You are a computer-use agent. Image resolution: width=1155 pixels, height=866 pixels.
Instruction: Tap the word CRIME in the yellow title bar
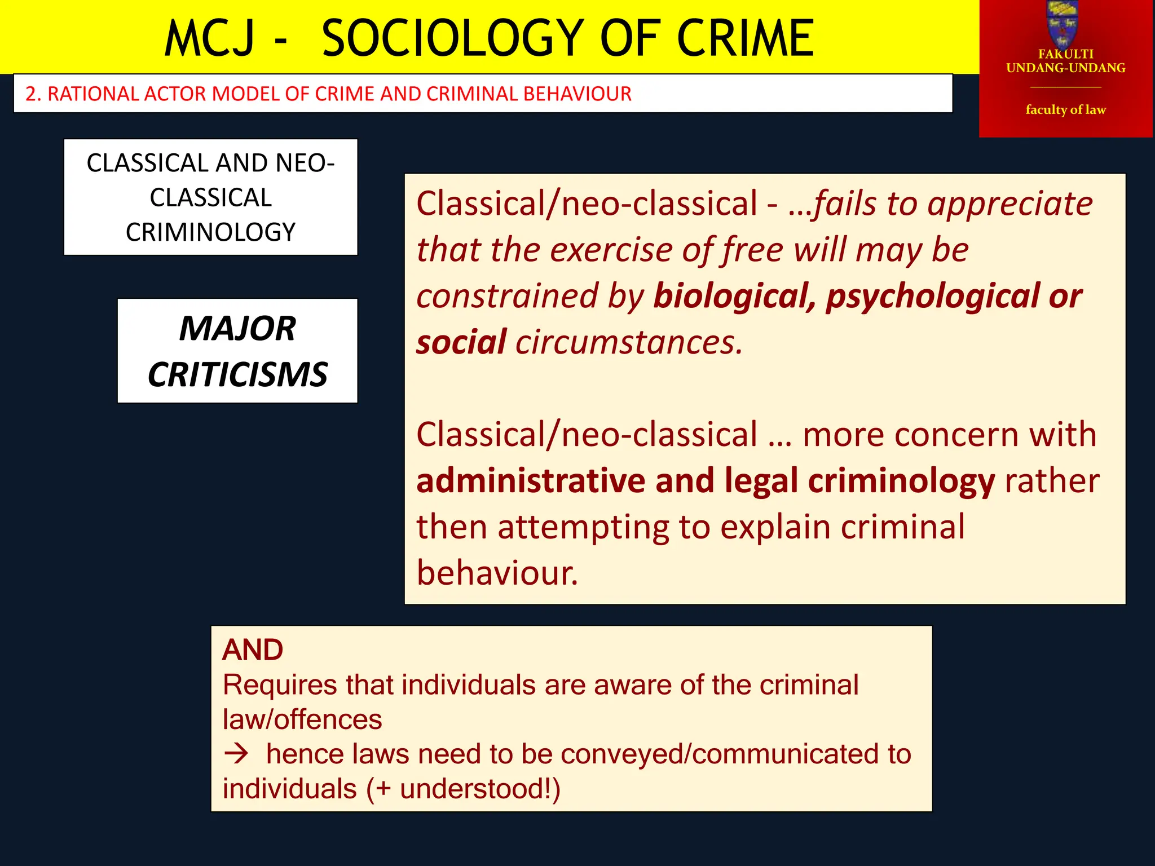(x=744, y=38)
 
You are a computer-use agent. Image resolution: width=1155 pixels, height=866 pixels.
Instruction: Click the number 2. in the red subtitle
(x=33, y=94)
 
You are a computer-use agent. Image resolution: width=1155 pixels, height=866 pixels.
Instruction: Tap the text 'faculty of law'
(x=1065, y=109)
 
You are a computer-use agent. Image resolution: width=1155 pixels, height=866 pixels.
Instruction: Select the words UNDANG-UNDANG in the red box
(x=1065, y=68)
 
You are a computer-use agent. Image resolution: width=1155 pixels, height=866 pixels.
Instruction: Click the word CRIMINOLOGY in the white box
(x=210, y=232)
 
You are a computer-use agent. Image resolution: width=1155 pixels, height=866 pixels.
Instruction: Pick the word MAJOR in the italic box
(x=237, y=328)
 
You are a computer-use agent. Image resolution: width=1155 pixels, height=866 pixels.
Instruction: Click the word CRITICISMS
(x=237, y=374)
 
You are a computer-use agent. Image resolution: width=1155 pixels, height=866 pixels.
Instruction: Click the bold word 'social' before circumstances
(x=461, y=342)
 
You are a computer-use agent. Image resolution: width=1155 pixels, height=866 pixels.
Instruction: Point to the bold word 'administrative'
(x=531, y=481)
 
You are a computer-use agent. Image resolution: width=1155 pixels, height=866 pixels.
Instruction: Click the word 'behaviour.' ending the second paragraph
(x=497, y=573)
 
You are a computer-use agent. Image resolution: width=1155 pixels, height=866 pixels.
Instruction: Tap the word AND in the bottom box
(x=253, y=650)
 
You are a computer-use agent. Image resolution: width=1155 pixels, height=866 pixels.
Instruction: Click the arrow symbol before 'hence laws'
(x=236, y=753)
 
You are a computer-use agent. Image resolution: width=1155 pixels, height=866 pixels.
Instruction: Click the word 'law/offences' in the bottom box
(x=302, y=720)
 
